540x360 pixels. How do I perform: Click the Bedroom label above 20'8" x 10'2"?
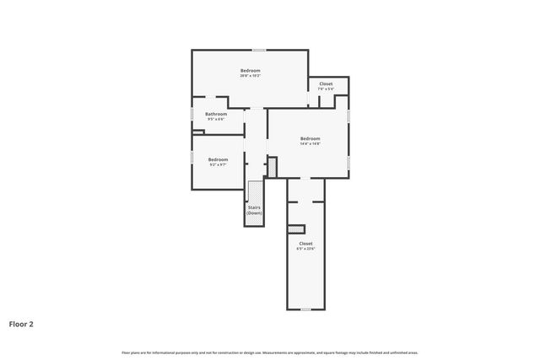coord(250,70)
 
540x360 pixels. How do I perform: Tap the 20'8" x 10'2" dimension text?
coord(250,76)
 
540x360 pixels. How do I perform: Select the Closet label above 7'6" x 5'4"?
coord(326,83)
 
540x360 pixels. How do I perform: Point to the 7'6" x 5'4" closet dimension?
coord(326,89)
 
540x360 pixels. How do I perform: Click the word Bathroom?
coord(216,114)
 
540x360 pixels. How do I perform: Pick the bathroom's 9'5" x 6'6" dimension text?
coord(216,119)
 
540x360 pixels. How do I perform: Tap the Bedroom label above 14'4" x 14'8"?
coord(310,138)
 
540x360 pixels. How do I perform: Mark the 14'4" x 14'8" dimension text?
coord(310,143)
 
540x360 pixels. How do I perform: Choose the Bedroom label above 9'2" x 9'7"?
coord(219,159)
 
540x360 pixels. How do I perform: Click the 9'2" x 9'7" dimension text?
coord(219,164)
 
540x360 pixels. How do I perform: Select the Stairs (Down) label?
coord(254,210)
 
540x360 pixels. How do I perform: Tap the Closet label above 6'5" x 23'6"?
coord(305,244)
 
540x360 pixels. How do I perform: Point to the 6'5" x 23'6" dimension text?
coord(305,249)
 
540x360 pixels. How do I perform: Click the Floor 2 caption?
coord(21,323)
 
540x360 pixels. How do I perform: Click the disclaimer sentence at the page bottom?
coord(270,352)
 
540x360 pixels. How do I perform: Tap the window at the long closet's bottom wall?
coord(305,309)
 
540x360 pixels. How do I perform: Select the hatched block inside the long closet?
coord(295,228)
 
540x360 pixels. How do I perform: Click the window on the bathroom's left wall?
coord(192,112)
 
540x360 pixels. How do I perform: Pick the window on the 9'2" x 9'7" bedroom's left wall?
coord(192,158)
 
